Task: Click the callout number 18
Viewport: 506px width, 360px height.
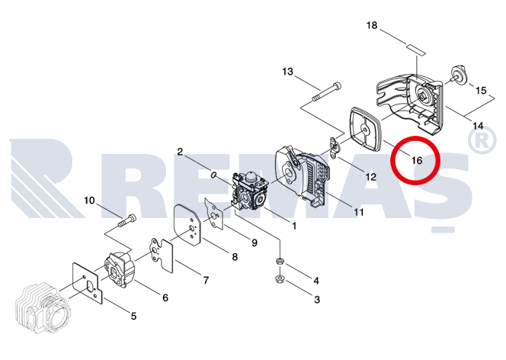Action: (x=372, y=25)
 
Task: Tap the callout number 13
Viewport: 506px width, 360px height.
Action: (x=287, y=72)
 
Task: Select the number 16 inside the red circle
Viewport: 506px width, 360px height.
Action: (x=417, y=160)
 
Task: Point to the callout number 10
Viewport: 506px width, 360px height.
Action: (x=89, y=201)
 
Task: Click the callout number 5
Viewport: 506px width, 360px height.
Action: (x=133, y=316)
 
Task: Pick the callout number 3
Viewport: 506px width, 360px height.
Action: (x=317, y=300)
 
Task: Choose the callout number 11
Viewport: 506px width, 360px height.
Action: (x=358, y=212)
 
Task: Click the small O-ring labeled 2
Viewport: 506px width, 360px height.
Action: (x=213, y=175)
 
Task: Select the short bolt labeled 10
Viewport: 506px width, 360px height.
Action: (x=126, y=220)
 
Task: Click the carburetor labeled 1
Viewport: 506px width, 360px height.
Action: (x=251, y=191)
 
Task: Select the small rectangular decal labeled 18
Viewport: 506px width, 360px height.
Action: (x=416, y=50)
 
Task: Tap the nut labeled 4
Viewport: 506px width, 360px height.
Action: (x=280, y=261)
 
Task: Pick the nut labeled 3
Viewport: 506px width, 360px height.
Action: (x=279, y=279)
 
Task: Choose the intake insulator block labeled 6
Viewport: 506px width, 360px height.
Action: (x=119, y=269)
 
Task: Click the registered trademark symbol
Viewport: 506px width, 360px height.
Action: (x=482, y=140)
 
